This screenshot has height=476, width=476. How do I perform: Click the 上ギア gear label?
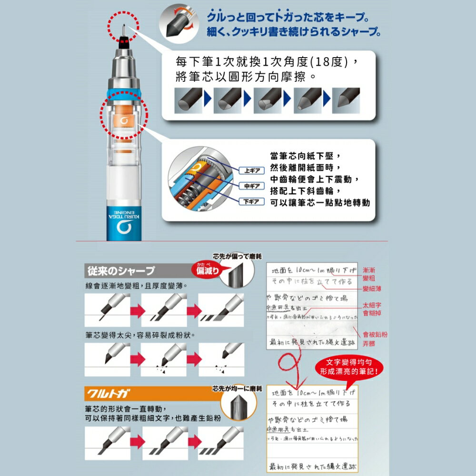250,171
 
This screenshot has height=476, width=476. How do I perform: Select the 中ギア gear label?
250,186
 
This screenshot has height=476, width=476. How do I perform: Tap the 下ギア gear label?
250,201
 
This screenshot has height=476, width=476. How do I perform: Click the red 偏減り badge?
208,270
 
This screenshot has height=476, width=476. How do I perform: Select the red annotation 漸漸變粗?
369,274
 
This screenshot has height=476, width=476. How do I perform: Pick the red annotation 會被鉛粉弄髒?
375,338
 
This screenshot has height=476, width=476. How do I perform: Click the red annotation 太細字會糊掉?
372,309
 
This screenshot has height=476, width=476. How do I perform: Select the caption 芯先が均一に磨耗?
236,389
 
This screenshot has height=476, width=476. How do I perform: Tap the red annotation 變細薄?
372,288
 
